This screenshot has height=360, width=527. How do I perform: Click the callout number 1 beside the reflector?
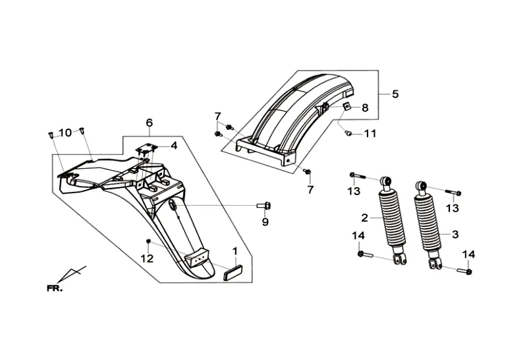[235, 251]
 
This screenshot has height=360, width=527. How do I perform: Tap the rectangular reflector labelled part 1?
[234, 272]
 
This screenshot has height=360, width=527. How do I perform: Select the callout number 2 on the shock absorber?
[365, 218]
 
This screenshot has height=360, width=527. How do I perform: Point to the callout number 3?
[455, 234]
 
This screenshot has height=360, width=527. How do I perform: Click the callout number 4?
[173, 146]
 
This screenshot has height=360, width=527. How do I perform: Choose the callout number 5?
[395, 94]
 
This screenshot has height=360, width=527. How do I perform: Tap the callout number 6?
[150, 123]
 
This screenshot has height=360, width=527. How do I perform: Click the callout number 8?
[365, 107]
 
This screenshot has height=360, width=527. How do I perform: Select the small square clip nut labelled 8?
[347, 106]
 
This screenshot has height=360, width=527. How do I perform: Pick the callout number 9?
[265, 222]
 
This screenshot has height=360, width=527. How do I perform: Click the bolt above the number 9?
[264, 205]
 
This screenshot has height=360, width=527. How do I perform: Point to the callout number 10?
[66, 133]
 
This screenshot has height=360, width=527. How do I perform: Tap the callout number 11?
[370, 134]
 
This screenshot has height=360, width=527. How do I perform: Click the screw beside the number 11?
[348, 134]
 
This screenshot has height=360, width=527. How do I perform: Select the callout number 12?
[147, 258]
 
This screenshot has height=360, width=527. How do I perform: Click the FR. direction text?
[55, 288]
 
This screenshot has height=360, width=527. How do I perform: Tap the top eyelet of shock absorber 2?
[385, 181]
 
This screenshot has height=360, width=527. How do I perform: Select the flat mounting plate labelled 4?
[146, 146]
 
